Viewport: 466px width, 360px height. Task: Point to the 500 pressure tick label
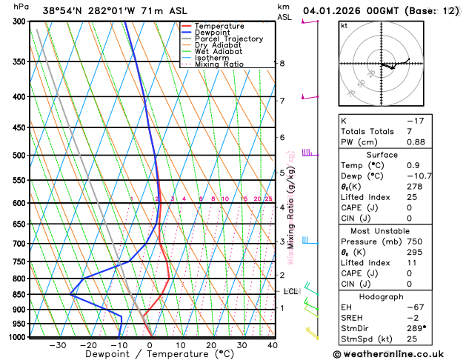(18, 156)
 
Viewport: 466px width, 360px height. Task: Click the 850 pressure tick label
(18, 295)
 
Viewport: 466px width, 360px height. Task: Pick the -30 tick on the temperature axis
(58, 345)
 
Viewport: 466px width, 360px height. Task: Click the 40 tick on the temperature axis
(273, 345)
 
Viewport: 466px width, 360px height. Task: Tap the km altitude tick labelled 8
(282, 64)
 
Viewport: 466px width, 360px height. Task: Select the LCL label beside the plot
(290, 292)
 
